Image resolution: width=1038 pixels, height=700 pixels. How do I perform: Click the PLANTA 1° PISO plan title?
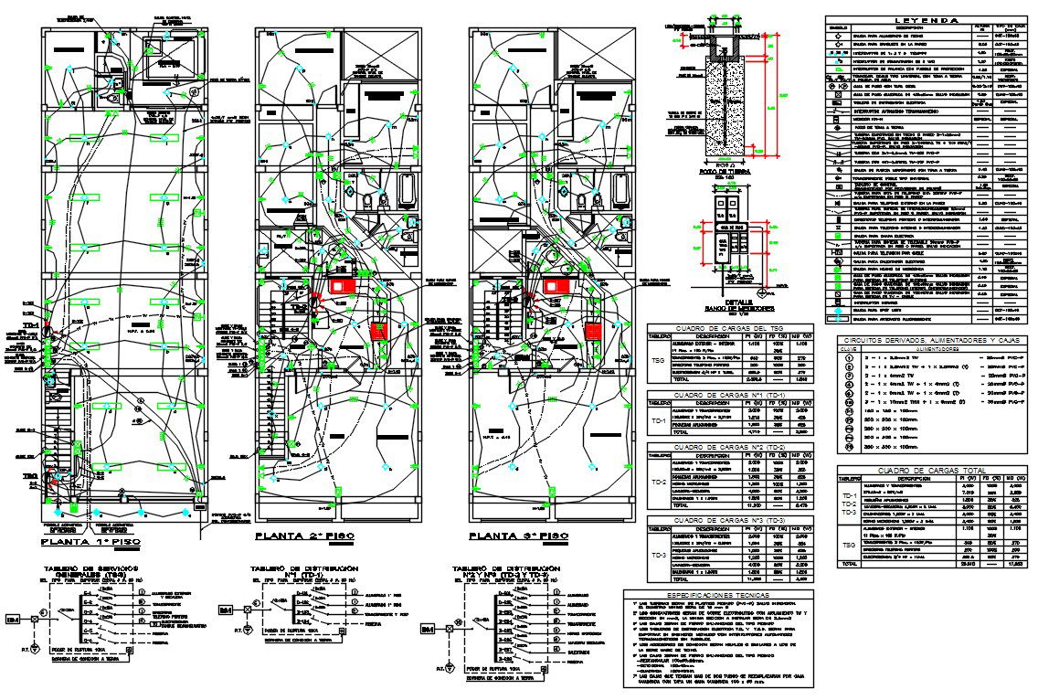click(x=91, y=542)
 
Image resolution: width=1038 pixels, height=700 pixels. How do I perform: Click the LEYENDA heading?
click(x=926, y=20)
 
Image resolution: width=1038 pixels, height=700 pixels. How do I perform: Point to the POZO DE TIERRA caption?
click(x=721, y=170)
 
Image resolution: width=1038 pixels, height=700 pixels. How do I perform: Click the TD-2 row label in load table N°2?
click(x=659, y=481)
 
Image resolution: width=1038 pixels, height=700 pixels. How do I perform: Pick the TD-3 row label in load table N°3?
click(x=659, y=554)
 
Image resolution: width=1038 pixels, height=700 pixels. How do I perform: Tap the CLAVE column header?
click(x=850, y=348)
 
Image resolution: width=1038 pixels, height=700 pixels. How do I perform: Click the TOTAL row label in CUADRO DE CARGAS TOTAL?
click(x=850, y=564)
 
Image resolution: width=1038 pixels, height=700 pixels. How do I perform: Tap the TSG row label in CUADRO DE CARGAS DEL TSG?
click(x=659, y=361)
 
